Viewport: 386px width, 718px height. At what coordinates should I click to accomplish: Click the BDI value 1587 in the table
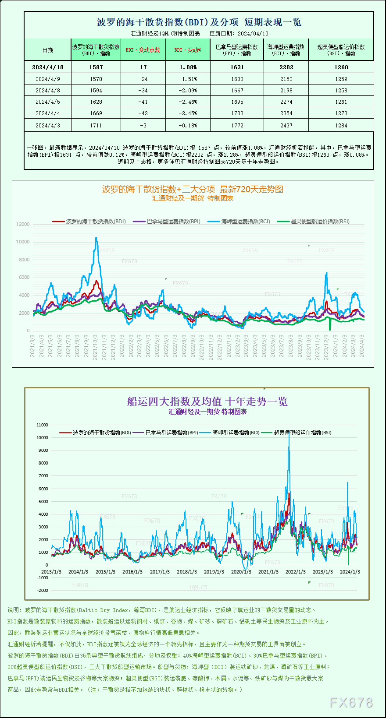(96, 67)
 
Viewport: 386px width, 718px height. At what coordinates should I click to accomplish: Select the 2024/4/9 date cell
(47, 79)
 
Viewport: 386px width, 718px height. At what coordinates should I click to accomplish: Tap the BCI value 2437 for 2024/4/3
(286, 126)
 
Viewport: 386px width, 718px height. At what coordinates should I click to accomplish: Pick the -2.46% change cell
(188, 102)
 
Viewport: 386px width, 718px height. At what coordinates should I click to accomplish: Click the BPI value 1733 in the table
(237, 113)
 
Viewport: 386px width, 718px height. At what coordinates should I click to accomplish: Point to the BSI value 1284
(341, 126)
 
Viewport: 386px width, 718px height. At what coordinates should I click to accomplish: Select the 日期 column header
(48, 50)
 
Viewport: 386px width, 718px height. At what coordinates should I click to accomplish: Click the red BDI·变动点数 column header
(143, 50)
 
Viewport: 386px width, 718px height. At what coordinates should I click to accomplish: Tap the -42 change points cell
(143, 113)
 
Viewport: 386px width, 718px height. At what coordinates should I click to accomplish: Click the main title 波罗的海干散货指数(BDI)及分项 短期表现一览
(199, 22)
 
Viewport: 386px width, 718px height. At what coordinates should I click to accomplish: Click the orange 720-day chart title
(193, 189)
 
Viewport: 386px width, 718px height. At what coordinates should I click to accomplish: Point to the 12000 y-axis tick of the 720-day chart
(23, 224)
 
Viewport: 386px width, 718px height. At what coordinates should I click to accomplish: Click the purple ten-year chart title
(207, 401)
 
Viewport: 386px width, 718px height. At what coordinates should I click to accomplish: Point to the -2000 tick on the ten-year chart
(43, 590)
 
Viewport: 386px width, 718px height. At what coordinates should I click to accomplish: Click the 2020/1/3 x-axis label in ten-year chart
(241, 572)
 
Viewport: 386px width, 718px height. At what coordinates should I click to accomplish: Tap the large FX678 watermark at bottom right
(351, 703)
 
